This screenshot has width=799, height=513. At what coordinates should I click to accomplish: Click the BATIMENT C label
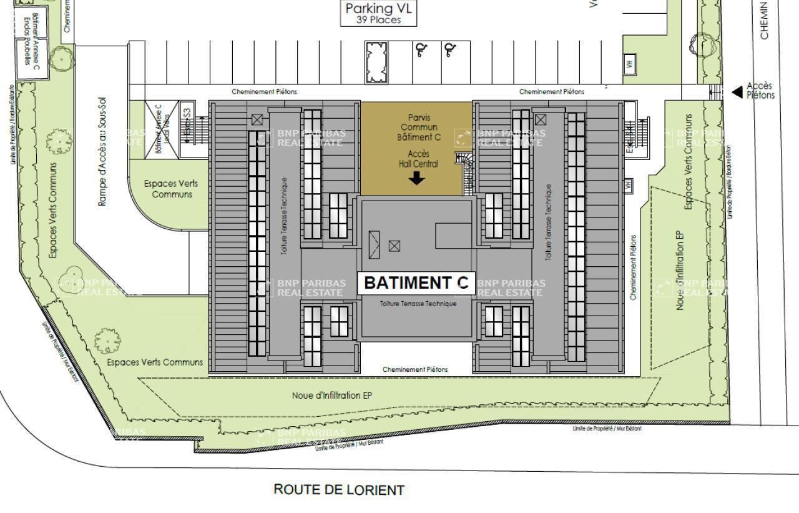[x=416, y=282]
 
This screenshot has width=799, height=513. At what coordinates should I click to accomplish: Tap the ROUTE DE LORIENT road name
[x=339, y=489]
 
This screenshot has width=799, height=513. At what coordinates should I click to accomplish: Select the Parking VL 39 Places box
[x=379, y=13]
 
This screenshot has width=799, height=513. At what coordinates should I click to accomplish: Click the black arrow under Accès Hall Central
[x=417, y=179]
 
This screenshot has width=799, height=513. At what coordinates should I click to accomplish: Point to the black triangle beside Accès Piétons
[x=737, y=92]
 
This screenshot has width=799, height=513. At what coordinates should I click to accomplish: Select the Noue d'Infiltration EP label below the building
[x=332, y=396]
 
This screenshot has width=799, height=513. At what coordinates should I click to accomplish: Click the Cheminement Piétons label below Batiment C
[x=415, y=369]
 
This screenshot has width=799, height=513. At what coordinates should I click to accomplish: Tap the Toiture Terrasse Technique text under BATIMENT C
[x=418, y=304]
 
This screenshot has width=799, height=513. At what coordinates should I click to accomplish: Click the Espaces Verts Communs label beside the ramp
[x=168, y=189]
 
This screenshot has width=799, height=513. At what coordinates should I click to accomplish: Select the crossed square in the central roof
[x=395, y=246]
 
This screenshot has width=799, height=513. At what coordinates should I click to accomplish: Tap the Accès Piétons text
[x=760, y=91]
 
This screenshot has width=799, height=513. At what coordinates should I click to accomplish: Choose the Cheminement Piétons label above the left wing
[x=265, y=92]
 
